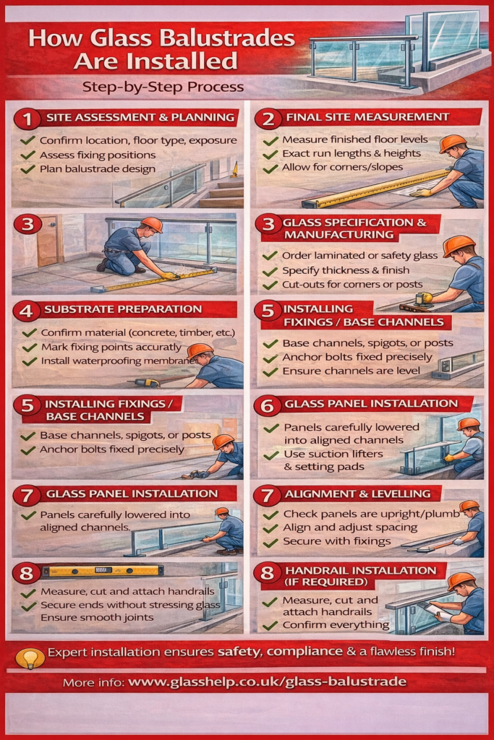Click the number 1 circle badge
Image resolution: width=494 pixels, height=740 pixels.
point(28,119)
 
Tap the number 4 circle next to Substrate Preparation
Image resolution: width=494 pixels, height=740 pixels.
point(27,311)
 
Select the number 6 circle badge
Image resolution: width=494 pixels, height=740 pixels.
point(268,406)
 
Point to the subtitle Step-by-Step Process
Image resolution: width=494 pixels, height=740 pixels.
point(163,87)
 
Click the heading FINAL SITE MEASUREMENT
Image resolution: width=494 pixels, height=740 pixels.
point(367,117)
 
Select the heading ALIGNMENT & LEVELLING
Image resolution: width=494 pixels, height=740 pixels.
point(357,494)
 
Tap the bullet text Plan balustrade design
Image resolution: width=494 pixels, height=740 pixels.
point(98,169)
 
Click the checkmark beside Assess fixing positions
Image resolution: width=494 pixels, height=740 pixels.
point(28,155)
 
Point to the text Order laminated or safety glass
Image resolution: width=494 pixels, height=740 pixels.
point(360,255)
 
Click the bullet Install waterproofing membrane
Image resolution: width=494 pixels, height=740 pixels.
point(119,361)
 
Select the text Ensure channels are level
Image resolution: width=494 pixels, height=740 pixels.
point(351,371)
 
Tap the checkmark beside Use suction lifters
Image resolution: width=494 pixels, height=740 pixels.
point(271,455)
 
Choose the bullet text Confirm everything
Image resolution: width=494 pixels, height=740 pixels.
point(336,625)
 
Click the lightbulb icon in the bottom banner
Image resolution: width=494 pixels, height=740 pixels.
point(30,658)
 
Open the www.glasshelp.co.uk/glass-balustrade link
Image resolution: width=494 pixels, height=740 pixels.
point(268,682)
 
